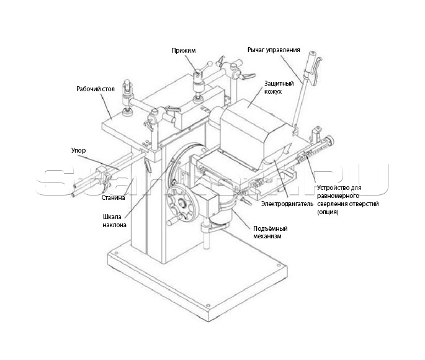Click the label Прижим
pos(183,50)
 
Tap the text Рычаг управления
pos(274,50)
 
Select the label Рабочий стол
pos(96,89)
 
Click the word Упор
pos(79,150)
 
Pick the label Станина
pos(114,197)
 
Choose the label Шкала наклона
pos(114,221)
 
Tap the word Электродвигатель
pos(287,204)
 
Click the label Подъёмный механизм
pos(271,232)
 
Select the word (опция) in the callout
pos(328,212)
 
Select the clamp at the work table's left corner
pos(127,97)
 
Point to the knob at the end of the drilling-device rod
pos(331,140)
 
